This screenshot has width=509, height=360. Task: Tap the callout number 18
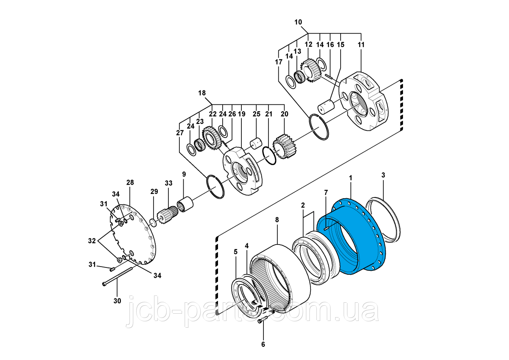click(202, 93)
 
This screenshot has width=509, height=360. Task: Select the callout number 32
click(92, 240)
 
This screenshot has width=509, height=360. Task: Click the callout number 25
click(256, 114)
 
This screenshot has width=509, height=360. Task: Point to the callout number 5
click(236, 251)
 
